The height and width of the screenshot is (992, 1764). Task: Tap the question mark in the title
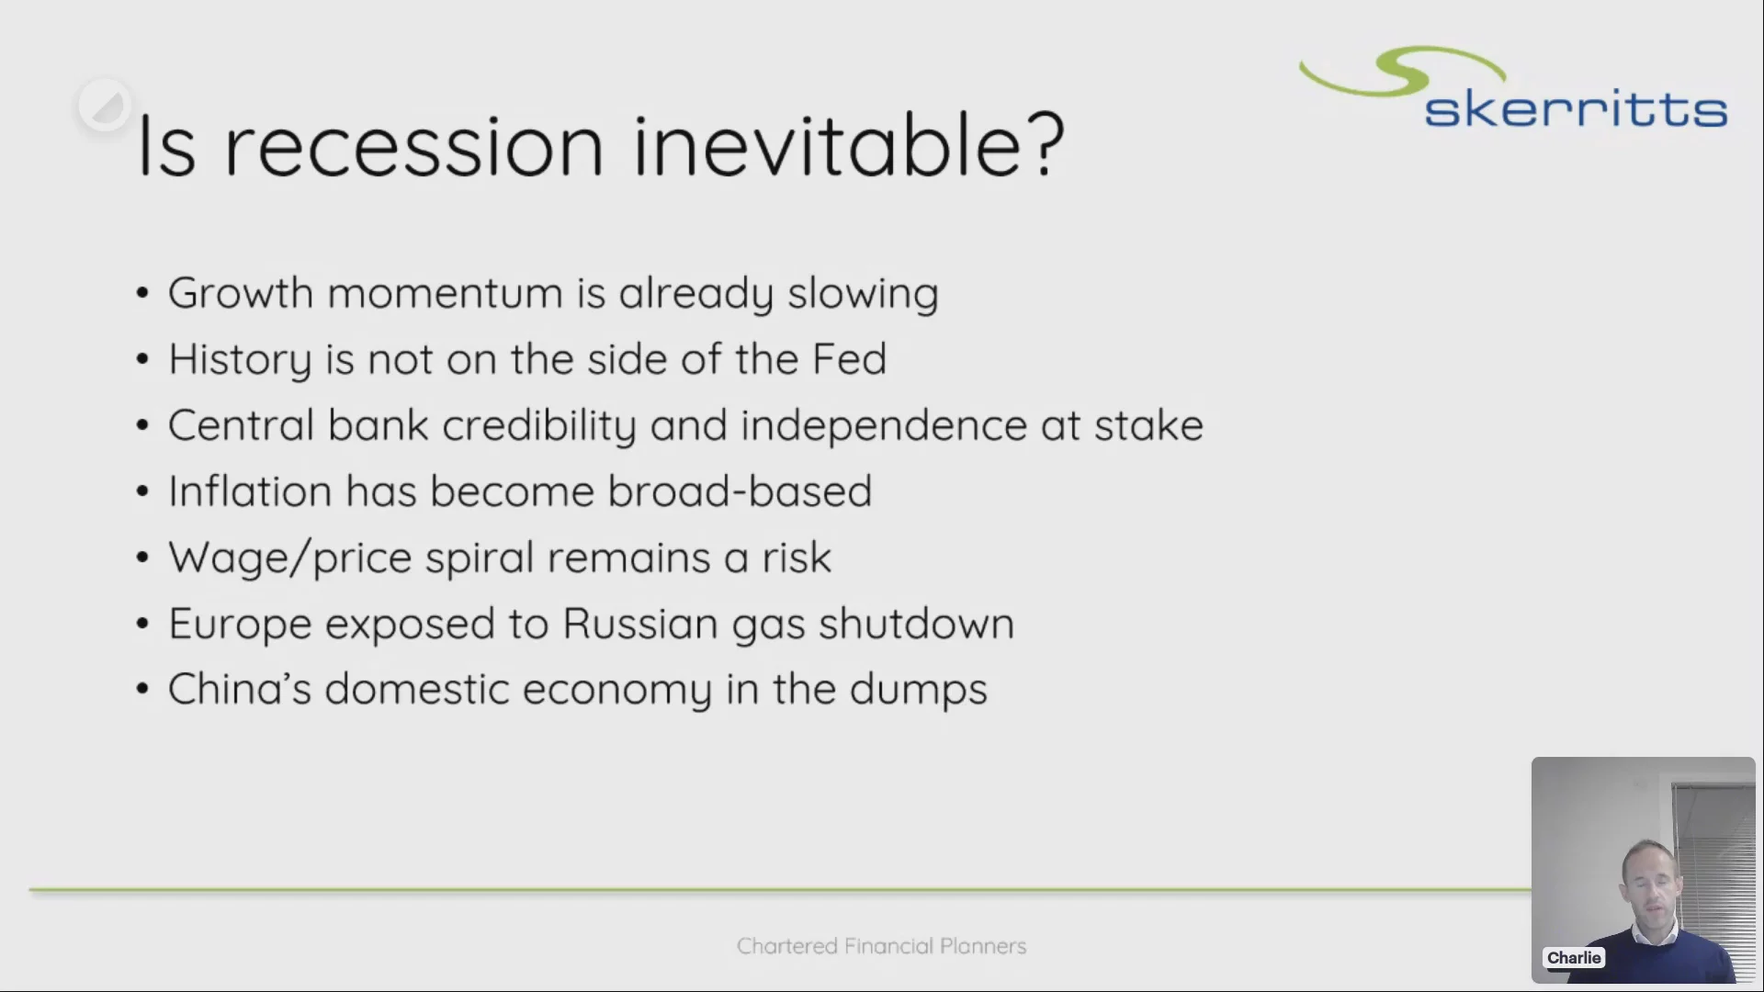tap(1046, 144)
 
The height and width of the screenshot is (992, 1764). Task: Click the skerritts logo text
tap(1576, 109)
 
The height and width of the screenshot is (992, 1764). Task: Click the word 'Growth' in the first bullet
tap(241, 293)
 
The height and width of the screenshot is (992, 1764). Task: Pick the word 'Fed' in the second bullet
tap(849, 359)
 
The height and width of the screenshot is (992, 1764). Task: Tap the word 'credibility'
tap(539, 426)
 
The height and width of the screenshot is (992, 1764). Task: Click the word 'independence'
tap(884, 426)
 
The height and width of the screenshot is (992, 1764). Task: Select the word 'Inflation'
tap(250, 491)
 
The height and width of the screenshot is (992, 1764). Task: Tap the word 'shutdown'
tap(916, 624)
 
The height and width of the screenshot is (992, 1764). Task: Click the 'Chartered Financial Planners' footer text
tap(881, 946)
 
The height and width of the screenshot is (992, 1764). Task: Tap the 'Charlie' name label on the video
tap(1574, 958)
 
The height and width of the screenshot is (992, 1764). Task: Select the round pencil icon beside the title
tap(104, 105)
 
